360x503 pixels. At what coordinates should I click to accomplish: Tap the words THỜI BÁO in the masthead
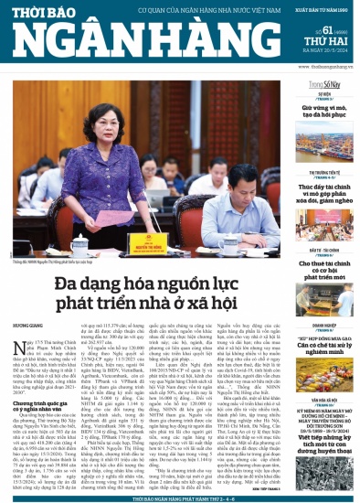(54, 10)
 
